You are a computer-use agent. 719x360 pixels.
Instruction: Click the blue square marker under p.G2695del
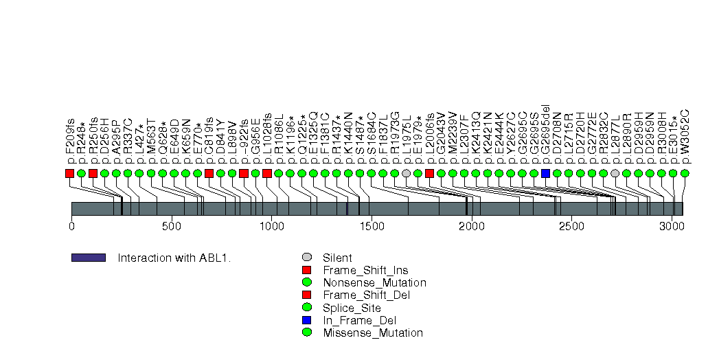pos(545,173)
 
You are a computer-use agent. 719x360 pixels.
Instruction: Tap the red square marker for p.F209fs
pos(69,173)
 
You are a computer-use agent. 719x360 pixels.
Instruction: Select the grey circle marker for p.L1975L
pos(407,173)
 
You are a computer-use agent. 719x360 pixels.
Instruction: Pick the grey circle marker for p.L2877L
pos(615,173)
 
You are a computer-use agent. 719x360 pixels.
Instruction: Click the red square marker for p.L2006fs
pos(429,173)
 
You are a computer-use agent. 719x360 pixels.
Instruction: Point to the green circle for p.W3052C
pos(685,173)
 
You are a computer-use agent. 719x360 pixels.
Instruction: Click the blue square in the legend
pos(307,320)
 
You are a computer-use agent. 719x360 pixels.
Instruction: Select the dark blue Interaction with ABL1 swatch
pos(89,258)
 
